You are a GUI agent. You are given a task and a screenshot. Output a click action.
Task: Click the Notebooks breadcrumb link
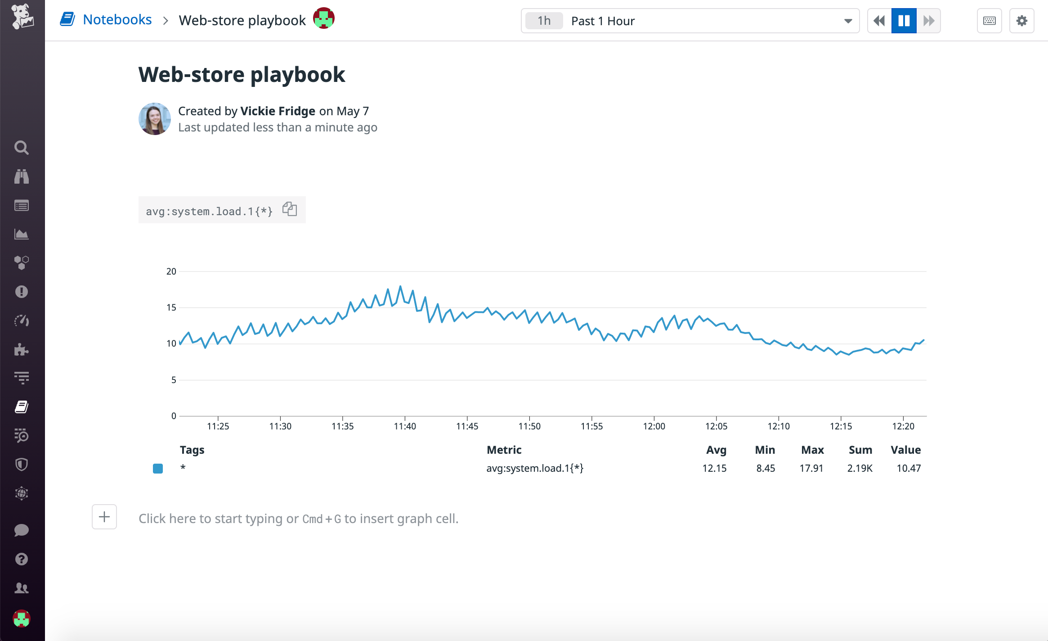pyautogui.click(x=117, y=20)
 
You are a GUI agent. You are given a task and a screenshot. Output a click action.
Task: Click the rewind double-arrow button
pyautogui.click(x=879, y=21)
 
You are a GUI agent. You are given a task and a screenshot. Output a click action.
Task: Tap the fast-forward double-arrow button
pyautogui.click(x=929, y=21)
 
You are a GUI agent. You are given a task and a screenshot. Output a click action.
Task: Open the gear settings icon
pyautogui.click(x=1021, y=21)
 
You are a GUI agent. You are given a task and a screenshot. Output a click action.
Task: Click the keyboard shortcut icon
pyautogui.click(x=989, y=21)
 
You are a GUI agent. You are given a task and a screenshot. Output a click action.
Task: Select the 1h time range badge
pyautogui.click(x=544, y=21)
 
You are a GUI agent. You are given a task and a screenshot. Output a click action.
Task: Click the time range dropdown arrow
pyautogui.click(x=848, y=21)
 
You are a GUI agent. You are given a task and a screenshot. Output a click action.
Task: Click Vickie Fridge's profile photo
pyautogui.click(x=154, y=119)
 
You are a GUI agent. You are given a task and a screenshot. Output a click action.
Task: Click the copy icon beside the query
pyautogui.click(x=290, y=209)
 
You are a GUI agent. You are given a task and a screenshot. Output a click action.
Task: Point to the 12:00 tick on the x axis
pyautogui.click(x=654, y=426)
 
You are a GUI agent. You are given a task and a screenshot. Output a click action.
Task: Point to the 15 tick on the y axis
pyautogui.click(x=171, y=307)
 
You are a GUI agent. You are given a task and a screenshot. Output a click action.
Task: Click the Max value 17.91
pyautogui.click(x=811, y=468)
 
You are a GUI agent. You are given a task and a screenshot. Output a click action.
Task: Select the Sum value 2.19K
pyautogui.click(x=860, y=468)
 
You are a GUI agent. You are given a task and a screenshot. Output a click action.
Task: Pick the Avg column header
pyautogui.click(x=716, y=450)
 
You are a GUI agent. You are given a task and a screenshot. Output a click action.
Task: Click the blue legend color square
pyautogui.click(x=158, y=469)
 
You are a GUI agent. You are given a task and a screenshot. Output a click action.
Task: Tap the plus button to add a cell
pyautogui.click(x=104, y=517)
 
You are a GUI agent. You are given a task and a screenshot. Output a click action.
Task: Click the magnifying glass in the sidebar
pyautogui.click(x=21, y=148)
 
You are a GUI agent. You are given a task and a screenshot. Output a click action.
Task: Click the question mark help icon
pyautogui.click(x=21, y=559)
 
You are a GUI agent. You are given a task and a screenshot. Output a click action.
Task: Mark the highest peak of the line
pyautogui.click(x=400, y=286)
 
